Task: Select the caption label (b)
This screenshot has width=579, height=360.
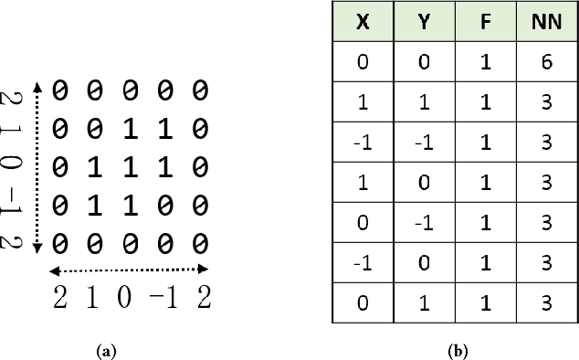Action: click(453, 350)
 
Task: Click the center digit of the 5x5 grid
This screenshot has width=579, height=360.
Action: click(130, 166)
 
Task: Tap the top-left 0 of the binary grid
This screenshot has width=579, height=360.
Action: click(60, 90)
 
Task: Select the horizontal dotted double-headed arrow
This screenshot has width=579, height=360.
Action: click(129, 270)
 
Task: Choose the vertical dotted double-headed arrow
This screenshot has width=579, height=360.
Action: click(37, 166)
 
